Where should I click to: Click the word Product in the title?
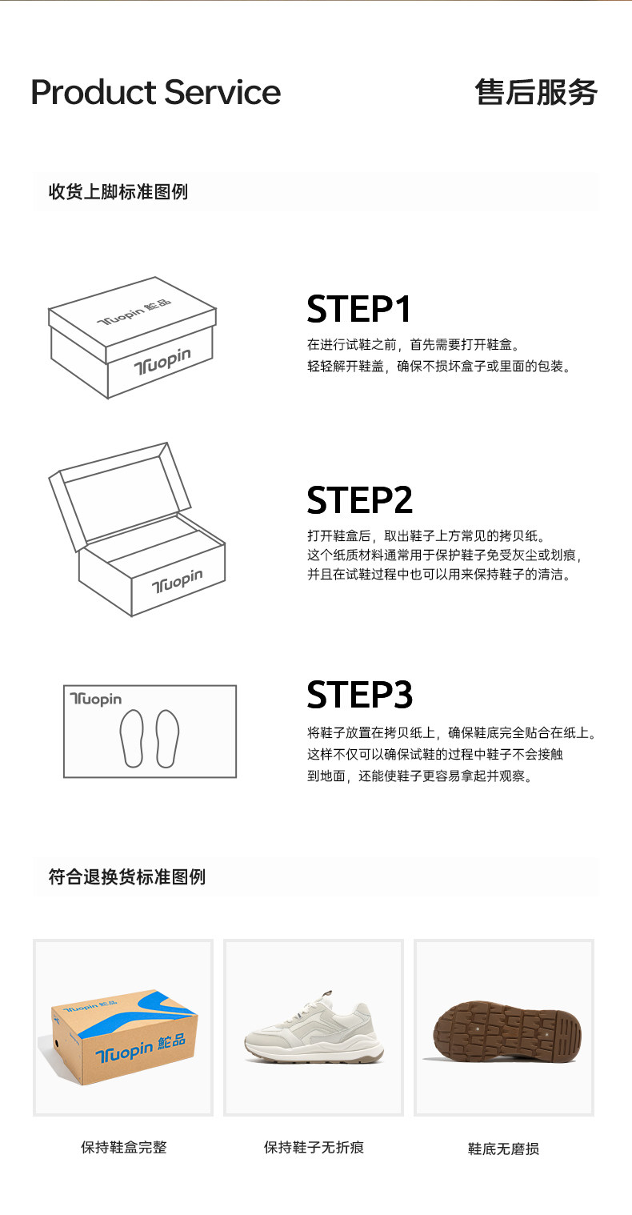coord(94,92)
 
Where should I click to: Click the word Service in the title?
coord(222,92)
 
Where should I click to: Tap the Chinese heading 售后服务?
coord(536,92)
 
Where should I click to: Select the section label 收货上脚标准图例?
coord(118,191)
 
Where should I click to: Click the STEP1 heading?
coord(359,309)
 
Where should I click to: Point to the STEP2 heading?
coord(359,499)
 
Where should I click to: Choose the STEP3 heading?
coord(359,695)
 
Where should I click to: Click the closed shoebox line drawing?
coord(132,338)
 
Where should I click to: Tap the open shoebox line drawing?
coord(137,529)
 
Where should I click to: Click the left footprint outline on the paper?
coord(132,738)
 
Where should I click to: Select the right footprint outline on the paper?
coord(167,738)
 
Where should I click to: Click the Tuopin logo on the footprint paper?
coord(96,699)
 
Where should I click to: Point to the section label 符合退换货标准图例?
coord(127,876)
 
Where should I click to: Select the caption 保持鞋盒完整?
coord(123,1147)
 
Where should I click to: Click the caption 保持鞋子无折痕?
coord(314,1147)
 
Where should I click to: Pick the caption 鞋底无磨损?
coord(503,1149)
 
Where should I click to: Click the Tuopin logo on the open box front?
coord(178,581)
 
